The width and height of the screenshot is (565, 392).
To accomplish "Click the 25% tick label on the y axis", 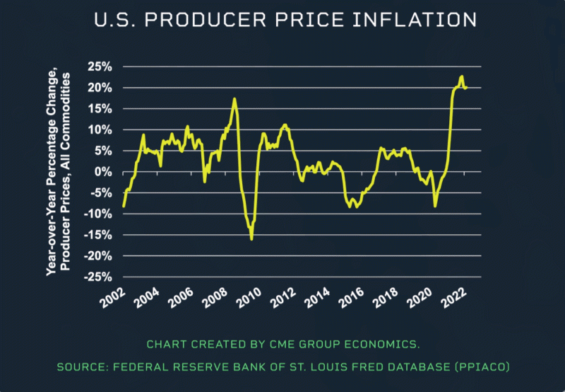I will pyautogui.click(x=99, y=67).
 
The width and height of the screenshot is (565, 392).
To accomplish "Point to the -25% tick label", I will pyautogui.click(x=97, y=277).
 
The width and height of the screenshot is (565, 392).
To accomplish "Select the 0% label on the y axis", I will pyautogui.click(x=103, y=172).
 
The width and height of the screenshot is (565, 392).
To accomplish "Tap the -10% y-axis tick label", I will pyautogui.click(x=97, y=214).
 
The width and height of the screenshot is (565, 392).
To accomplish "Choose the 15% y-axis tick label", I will pyautogui.click(x=99, y=108).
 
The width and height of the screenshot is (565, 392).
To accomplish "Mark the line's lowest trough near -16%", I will pyautogui.click(x=251, y=238).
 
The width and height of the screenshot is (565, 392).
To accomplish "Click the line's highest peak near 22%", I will pyautogui.click(x=461, y=76).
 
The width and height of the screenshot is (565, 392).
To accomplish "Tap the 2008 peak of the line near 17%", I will pyautogui.click(x=234, y=99).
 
